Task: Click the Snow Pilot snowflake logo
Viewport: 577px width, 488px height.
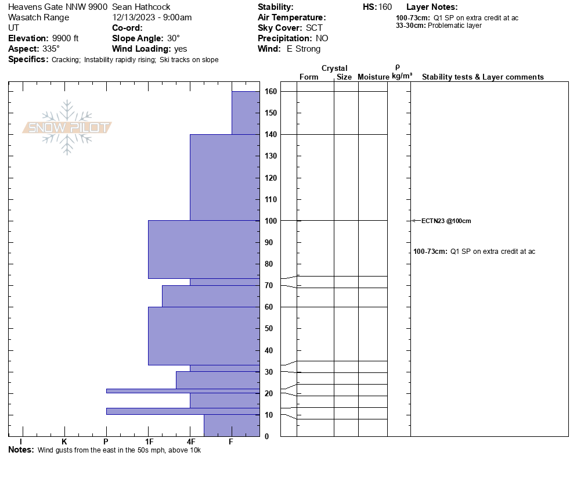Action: point(67,127)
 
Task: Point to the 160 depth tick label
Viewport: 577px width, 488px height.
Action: point(271,92)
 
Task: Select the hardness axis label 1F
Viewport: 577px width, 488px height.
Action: point(149,443)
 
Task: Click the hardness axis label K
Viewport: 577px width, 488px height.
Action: point(64,443)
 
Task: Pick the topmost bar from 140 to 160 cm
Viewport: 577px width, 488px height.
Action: point(246,113)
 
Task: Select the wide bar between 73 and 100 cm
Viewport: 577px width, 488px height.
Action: point(204,249)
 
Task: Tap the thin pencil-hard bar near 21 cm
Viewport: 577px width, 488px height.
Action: point(182,391)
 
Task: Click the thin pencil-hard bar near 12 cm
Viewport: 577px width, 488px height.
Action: point(182,411)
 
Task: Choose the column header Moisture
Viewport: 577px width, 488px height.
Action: point(373,77)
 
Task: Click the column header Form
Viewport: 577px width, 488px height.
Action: point(309,77)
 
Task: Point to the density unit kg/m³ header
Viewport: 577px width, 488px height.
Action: point(402,76)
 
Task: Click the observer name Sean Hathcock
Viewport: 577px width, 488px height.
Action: point(141,7)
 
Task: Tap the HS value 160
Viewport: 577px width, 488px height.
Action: point(385,7)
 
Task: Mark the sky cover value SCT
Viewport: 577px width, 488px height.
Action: point(315,28)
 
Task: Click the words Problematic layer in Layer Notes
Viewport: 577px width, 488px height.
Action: point(455,26)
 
